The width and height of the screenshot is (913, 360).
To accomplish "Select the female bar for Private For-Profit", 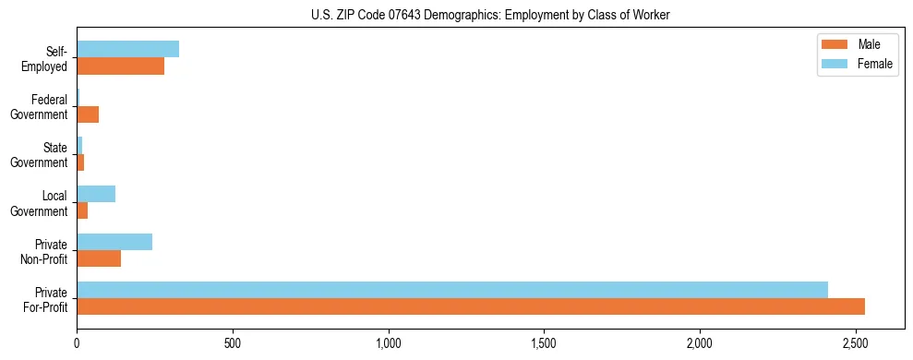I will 452,290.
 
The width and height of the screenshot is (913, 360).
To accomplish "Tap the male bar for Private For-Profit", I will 471,306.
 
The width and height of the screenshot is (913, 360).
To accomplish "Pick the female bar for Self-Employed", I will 127,50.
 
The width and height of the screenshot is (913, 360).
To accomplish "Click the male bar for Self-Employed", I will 120,66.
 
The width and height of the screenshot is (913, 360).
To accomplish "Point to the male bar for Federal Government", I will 88,114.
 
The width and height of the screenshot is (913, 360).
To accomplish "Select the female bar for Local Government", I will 96,194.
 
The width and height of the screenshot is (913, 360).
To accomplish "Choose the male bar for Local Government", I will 82,210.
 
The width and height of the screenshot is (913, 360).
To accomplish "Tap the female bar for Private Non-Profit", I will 114,242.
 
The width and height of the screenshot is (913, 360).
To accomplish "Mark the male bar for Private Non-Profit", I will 99,258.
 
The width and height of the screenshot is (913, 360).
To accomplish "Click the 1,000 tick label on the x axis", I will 389,343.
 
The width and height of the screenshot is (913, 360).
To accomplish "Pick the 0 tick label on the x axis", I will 78,343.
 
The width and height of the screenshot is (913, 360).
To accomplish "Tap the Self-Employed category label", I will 48,58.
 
